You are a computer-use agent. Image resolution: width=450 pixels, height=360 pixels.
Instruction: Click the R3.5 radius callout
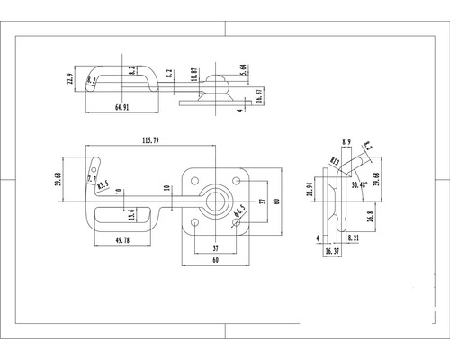[x=103, y=186]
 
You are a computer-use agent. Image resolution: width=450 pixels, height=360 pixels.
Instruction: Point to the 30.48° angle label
[x=361, y=184]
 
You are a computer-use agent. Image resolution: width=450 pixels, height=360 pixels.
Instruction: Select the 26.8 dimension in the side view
[x=371, y=216]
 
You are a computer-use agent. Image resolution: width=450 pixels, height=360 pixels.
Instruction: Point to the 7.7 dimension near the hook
[x=91, y=180]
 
